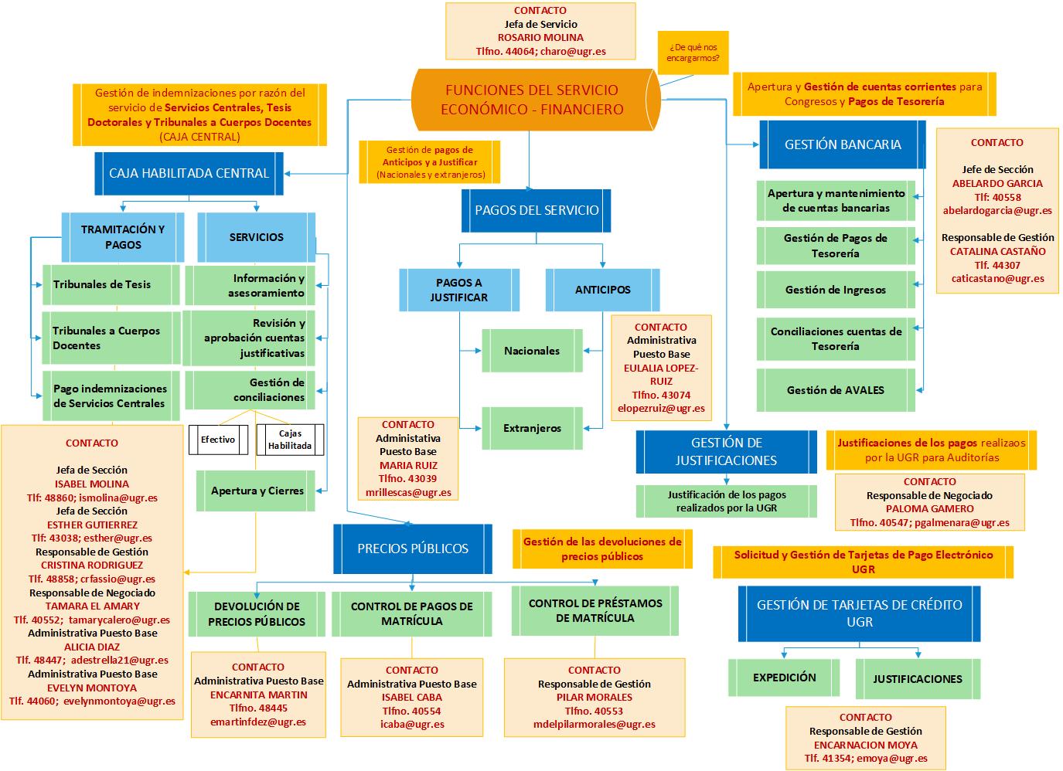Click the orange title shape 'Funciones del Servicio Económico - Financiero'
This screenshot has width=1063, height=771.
click(x=532, y=100)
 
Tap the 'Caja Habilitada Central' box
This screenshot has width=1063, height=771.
click(x=189, y=173)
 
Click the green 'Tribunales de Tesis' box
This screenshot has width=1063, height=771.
click(x=110, y=284)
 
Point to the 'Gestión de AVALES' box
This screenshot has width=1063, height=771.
click(x=835, y=390)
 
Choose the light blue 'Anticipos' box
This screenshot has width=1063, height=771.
click(x=602, y=290)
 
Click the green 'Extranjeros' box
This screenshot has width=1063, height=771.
click(x=532, y=428)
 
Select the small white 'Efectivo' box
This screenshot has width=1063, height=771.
click(x=217, y=440)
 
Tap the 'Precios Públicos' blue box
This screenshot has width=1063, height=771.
click(x=413, y=549)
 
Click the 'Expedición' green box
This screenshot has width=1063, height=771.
click(x=784, y=678)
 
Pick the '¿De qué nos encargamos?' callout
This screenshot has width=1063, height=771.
click(x=693, y=53)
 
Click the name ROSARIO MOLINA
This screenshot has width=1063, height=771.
click(x=540, y=38)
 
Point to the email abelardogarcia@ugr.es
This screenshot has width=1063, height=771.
click(x=997, y=210)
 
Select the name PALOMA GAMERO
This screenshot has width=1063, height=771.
click(x=929, y=509)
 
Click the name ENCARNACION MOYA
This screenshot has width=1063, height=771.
click(x=865, y=745)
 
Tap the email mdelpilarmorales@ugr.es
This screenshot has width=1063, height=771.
click(x=594, y=725)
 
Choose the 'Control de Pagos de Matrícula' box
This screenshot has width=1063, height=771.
click(x=411, y=613)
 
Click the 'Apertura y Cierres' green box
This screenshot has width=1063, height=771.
click(x=257, y=491)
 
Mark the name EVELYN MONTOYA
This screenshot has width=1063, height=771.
click(x=92, y=688)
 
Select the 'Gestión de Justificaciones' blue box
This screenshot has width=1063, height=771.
click(x=726, y=452)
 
